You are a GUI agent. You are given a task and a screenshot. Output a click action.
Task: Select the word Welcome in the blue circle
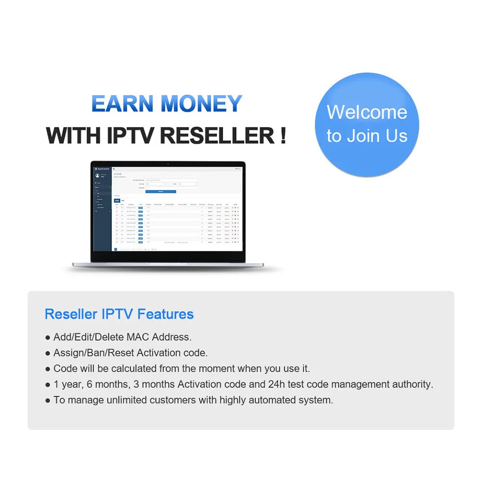[367, 112]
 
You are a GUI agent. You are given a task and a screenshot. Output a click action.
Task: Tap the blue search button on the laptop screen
[161, 191]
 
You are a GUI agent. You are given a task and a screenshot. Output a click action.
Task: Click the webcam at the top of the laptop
[168, 164]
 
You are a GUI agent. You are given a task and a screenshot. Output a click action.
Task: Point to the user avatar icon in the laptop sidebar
[97, 175]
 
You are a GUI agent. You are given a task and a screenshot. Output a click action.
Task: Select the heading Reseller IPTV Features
[119, 314]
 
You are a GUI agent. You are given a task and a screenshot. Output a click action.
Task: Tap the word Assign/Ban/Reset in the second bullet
[94, 353]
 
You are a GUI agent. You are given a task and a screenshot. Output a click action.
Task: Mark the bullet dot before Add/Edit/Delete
[48, 337]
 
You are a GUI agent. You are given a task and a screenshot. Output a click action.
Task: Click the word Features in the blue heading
[165, 314]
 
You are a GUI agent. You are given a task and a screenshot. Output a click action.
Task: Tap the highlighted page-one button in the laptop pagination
[115, 249]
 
